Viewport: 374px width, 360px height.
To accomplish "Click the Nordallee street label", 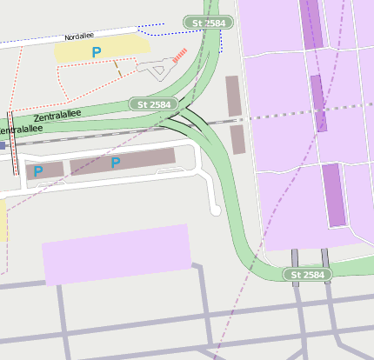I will pyautogui.click(x=79, y=37).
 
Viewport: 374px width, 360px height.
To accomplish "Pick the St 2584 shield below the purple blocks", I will pyautogui.click(x=308, y=275).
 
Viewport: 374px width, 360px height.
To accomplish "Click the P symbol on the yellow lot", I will pyautogui.click(x=96, y=53).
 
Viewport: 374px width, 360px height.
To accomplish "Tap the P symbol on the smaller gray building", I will pyautogui.click(x=38, y=171).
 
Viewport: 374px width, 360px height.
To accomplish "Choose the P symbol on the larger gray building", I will pyautogui.click(x=115, y=163).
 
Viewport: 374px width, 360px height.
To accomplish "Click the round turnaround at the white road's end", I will pyautogui.click(x=215, y=210).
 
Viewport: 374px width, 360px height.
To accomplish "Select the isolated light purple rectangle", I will pyautogui.click(x=117, y=253).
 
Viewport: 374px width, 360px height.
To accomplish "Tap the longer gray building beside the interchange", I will pyautogui.click(x=232, y=96).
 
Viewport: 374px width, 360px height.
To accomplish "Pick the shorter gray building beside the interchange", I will pyautogui.click(x=238, y=140).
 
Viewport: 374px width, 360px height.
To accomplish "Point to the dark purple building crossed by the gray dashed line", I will pyautogui.click(x=317, y=103).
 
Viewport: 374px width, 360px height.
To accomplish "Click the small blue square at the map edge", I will pyautogui.click(x=3, y=146).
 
